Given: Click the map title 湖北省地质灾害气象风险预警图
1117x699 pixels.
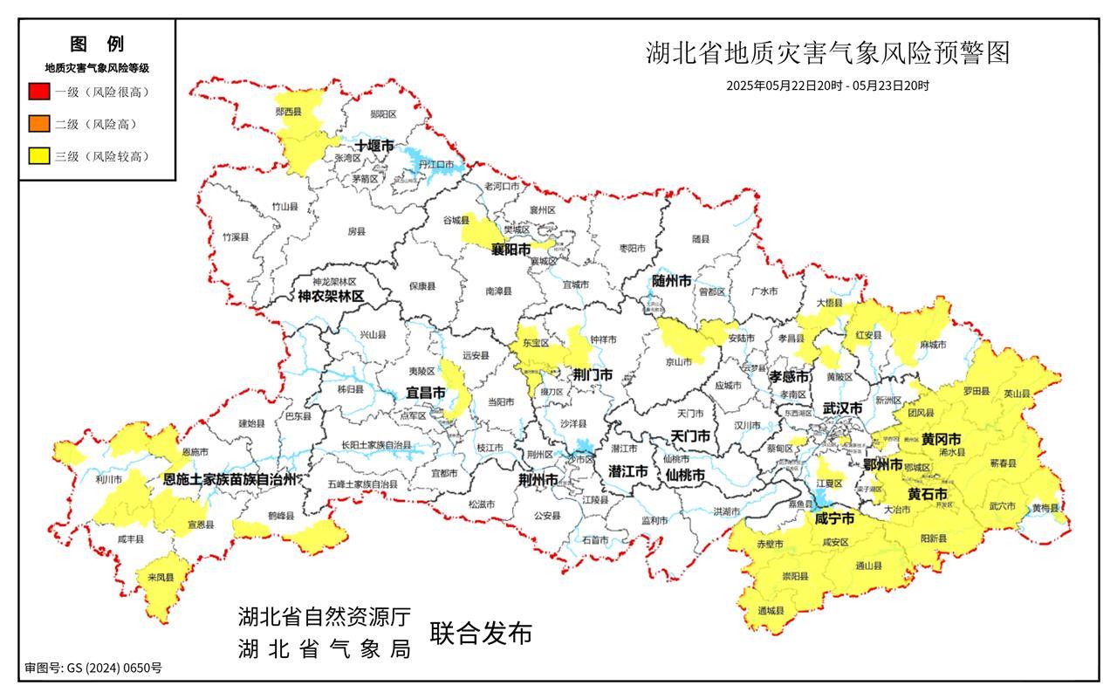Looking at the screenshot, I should point(827,53).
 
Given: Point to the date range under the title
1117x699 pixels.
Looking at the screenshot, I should point(827,86).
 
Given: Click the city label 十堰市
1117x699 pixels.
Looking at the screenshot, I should point(373,146).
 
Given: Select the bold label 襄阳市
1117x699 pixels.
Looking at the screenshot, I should point(511,250).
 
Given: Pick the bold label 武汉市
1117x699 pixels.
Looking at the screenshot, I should point(842,408).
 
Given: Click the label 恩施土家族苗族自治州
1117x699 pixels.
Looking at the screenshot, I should point(230,479).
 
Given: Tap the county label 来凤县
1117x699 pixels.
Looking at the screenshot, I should point(160,578).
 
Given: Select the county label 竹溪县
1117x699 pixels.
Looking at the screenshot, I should point(235,237).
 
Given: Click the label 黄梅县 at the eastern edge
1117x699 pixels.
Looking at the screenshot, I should point(1045,508).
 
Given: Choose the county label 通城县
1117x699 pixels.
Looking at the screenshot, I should point(771,610).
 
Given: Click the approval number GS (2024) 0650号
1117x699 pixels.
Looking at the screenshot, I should point(93,668).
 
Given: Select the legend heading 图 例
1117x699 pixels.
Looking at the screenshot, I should point(97,44).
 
